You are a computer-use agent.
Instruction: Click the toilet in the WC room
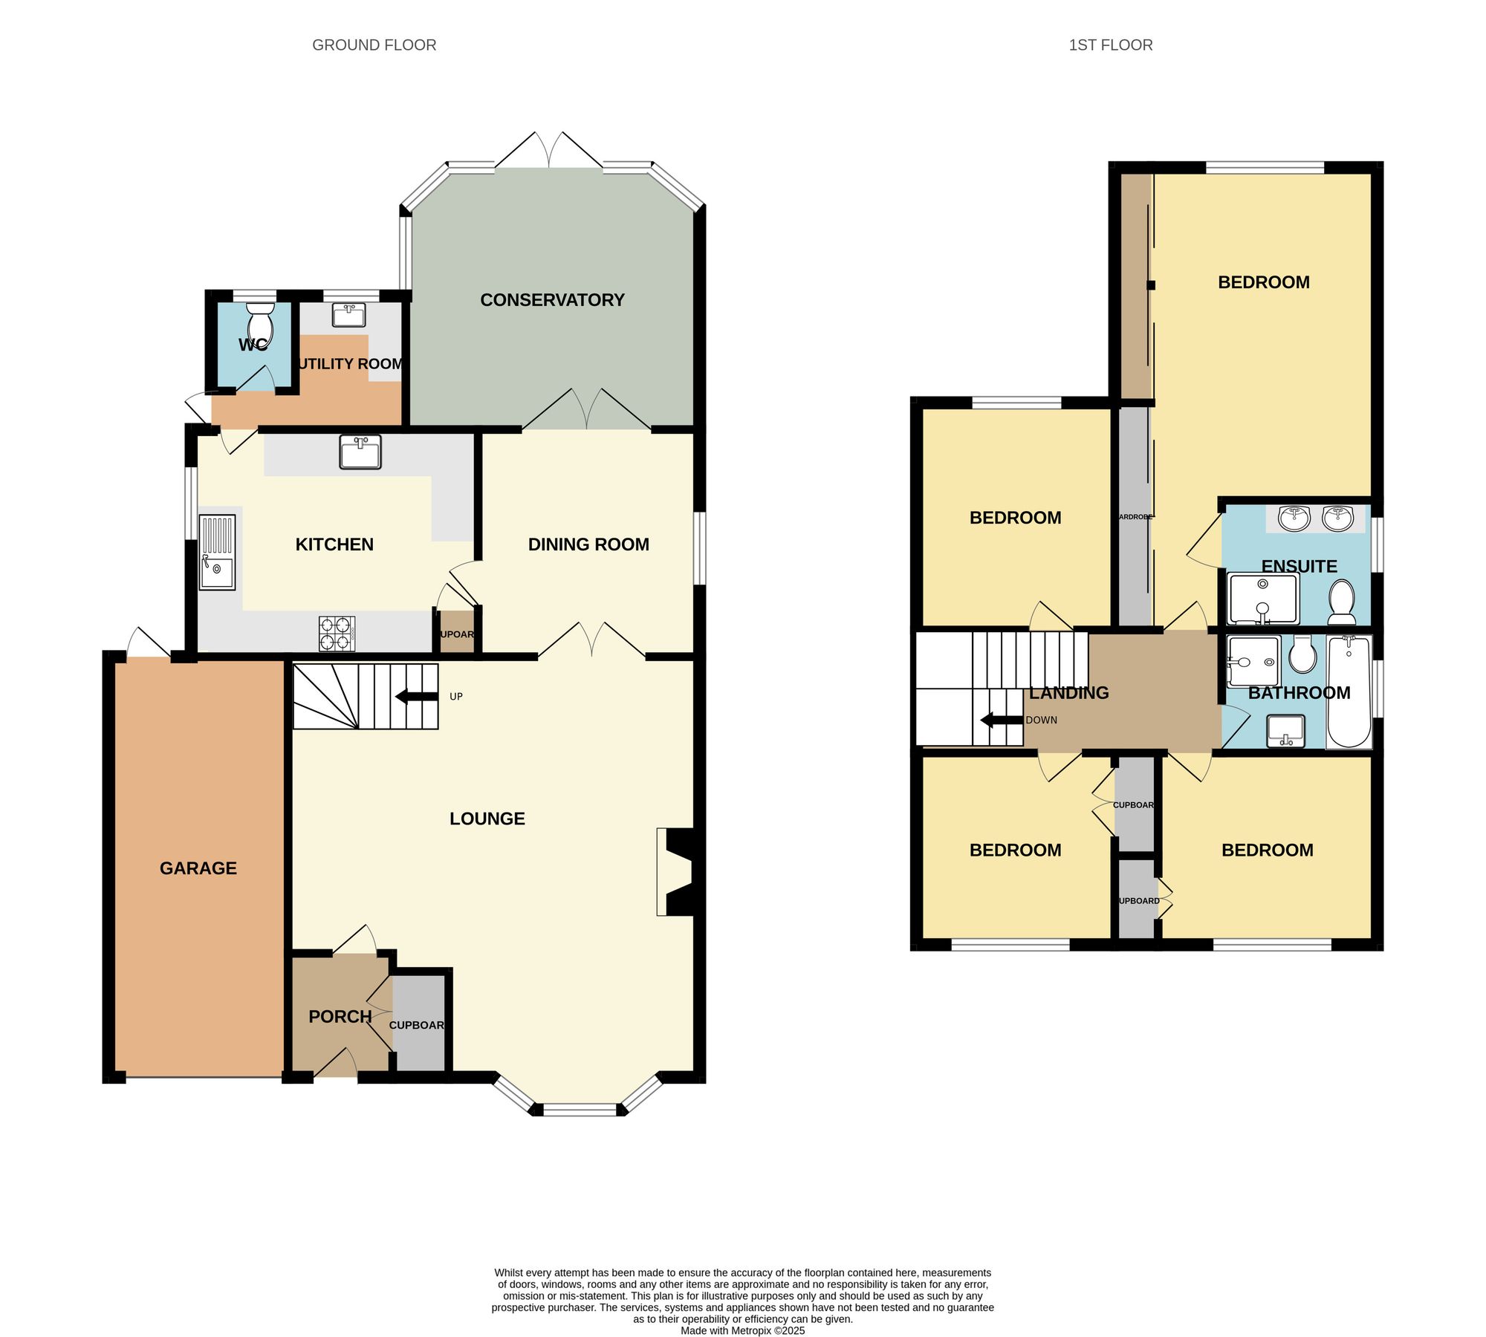click(x=260, y=325)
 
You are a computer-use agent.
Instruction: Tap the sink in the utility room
click(x=348, y=315)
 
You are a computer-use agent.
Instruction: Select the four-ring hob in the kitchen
click(x=337, y=634)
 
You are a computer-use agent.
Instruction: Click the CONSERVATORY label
click(x=552, y=300)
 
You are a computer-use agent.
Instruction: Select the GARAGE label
click(x=198, y=868)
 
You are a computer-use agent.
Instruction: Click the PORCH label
click(x=340, y=1016)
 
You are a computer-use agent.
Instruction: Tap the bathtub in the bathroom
click(x=1349, y=691)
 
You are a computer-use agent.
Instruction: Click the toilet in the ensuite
click(x=1341, y=602)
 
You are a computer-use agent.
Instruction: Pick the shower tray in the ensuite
click(x=1262, y=599)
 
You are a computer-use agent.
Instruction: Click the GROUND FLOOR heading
click(x=374, y=45)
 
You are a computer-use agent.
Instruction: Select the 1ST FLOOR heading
click(x=1110, y=45)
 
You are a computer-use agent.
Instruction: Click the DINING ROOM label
click(x=588, y=544)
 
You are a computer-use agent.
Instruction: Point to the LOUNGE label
click(x=487, y=819)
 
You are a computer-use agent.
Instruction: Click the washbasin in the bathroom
click(x=1285, y=730)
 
